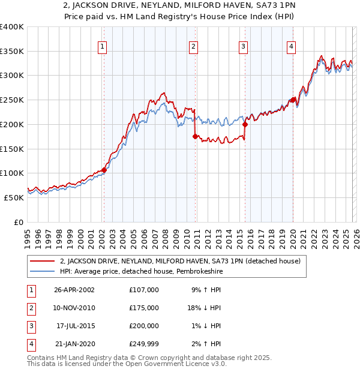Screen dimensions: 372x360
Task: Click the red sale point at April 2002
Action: (104, 170)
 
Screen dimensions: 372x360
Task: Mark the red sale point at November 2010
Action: (195, 137)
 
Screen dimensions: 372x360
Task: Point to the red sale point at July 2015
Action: (245, 125)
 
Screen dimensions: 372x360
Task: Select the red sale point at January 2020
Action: (293, 100)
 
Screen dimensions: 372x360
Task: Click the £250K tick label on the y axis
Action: (12, 100)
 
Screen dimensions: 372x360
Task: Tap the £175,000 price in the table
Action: (143, 308)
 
